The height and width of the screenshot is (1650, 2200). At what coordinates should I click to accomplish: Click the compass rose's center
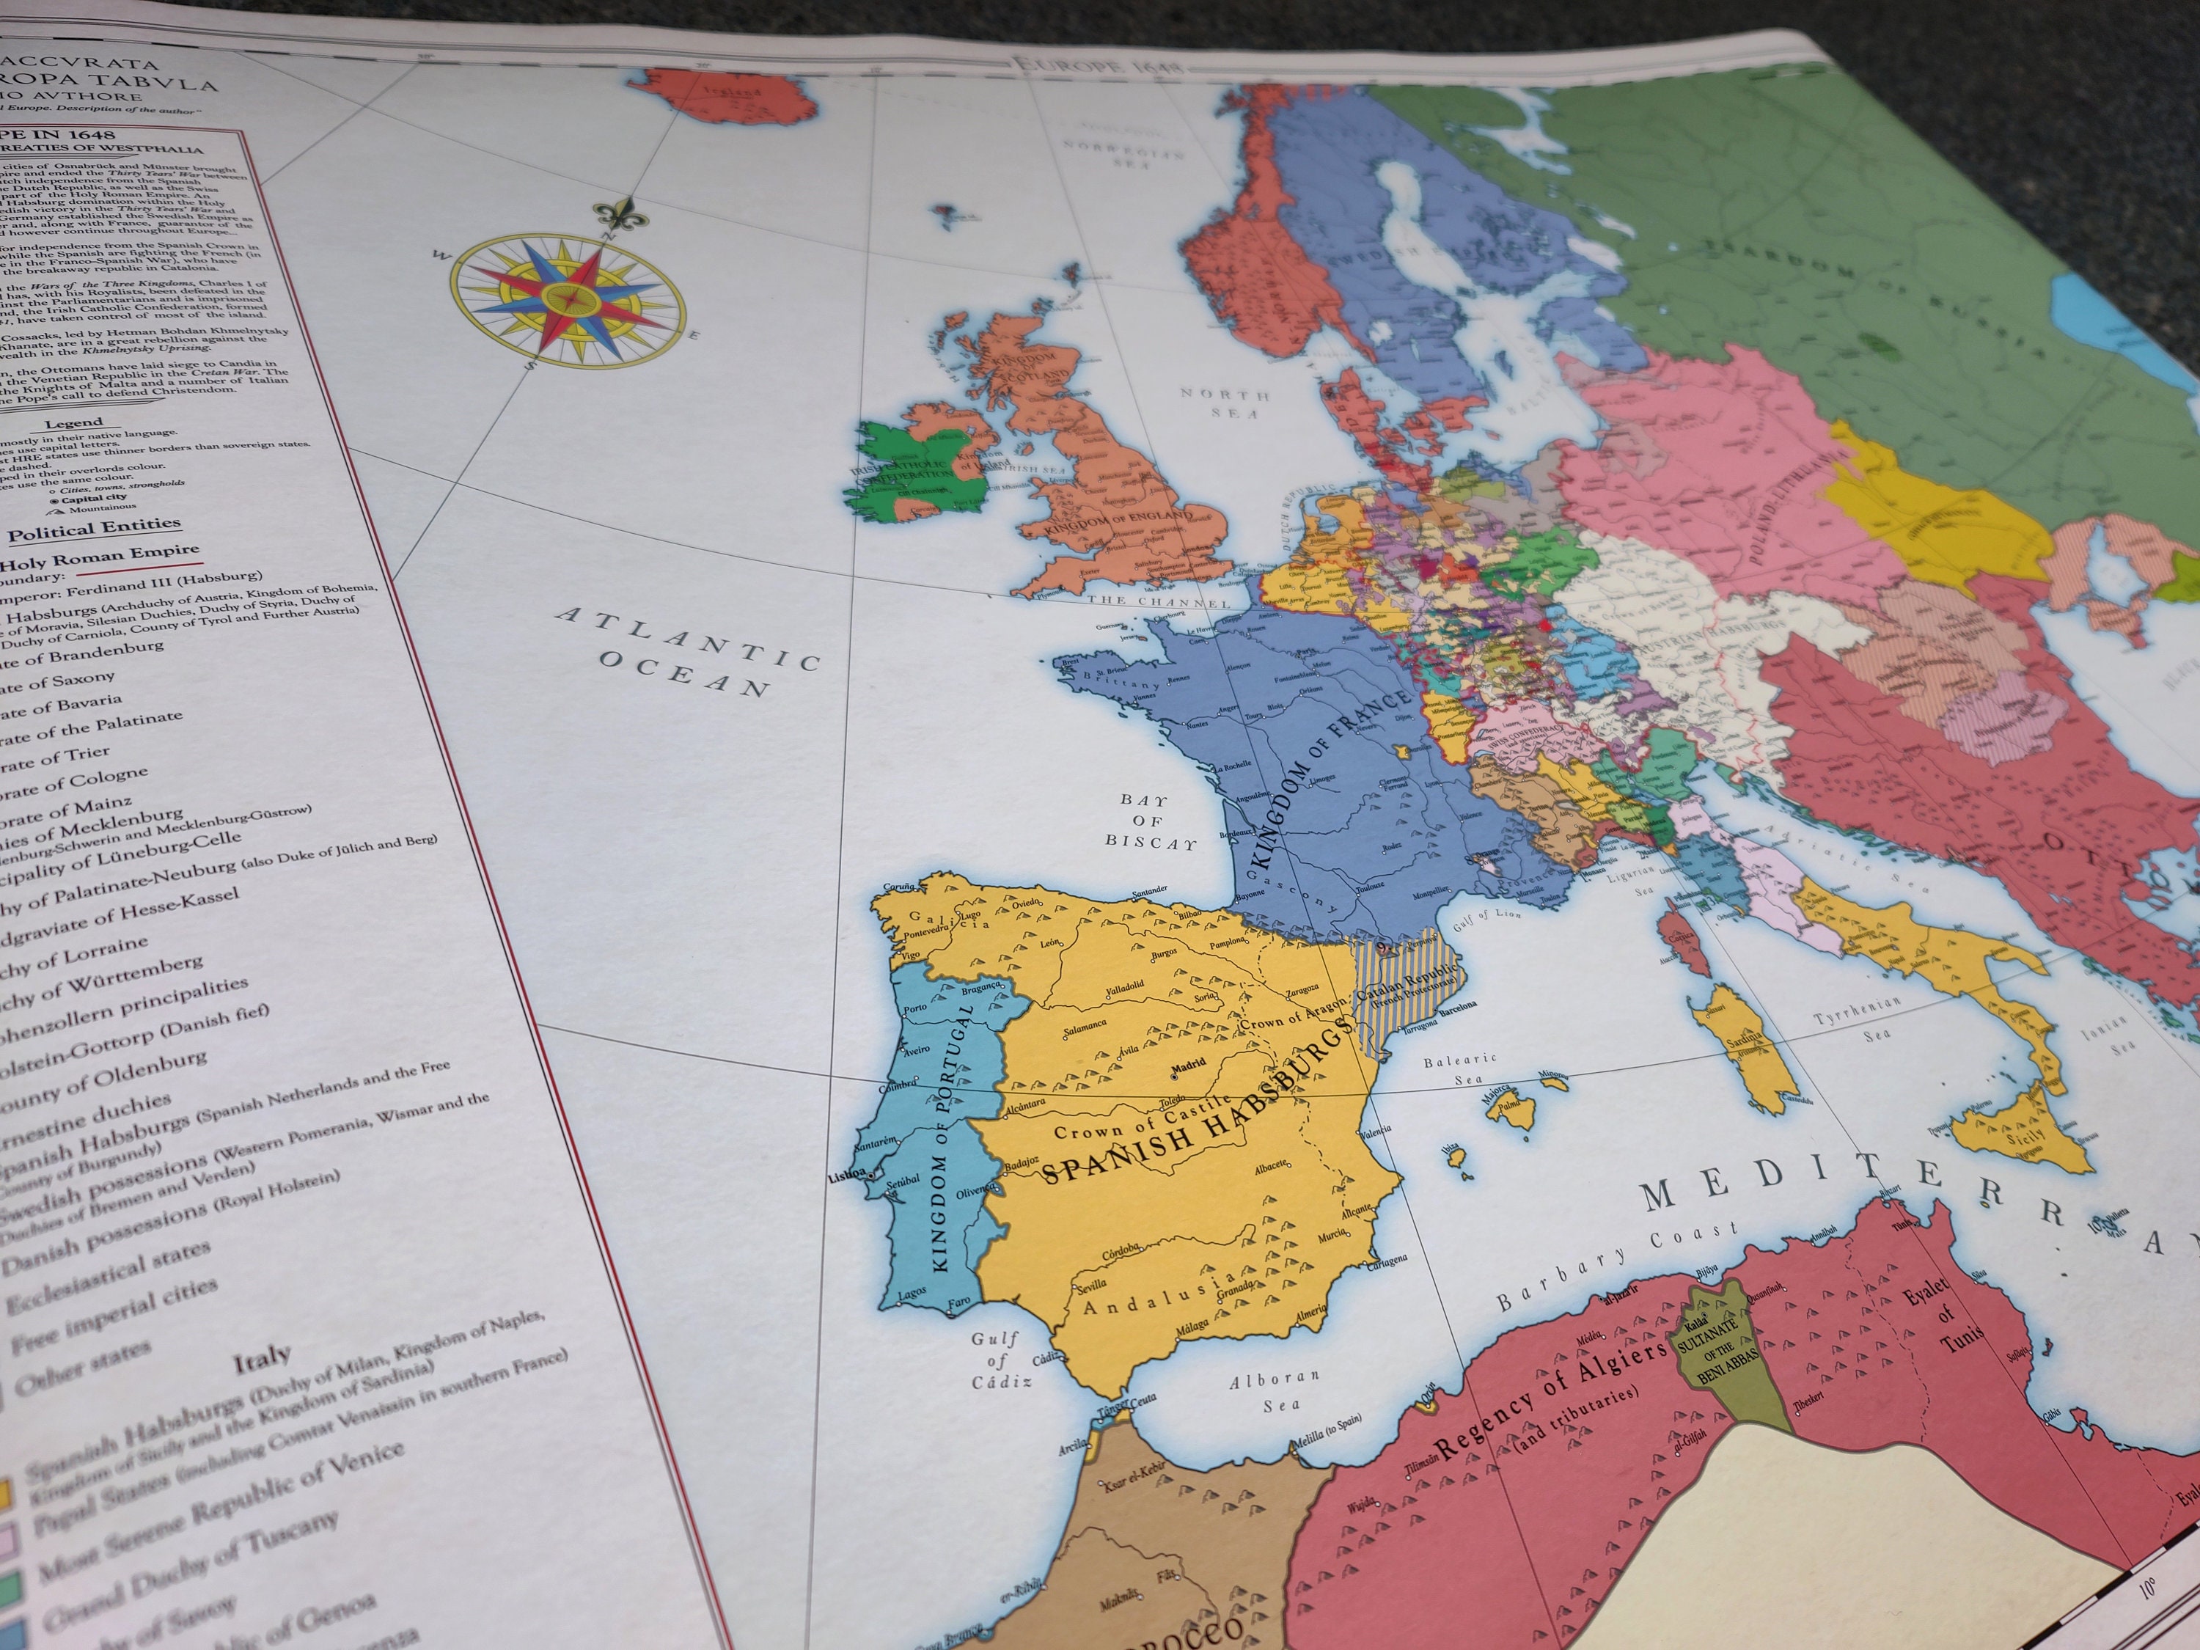coord(567,298)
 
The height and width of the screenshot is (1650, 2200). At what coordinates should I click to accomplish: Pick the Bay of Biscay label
coord(1148,821)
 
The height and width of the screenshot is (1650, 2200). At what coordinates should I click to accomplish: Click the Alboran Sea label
coord(1273,1391)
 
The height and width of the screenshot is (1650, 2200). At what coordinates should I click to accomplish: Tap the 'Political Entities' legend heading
coord(95,529)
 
